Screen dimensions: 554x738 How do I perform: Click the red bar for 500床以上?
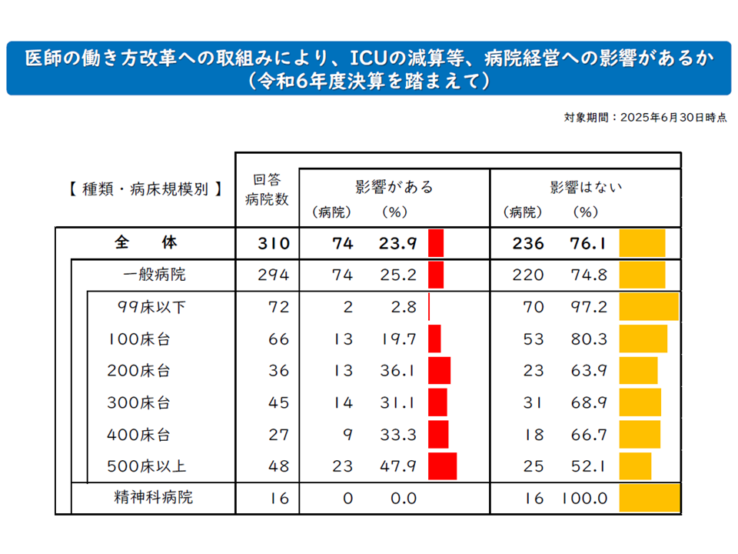click(442, 466)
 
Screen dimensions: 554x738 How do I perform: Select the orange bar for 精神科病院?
click(650, 498)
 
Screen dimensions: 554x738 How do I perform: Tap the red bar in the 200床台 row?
click(439, 371)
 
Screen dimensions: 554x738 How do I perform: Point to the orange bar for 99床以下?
click(650, 307)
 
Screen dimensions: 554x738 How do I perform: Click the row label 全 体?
click(146, 243)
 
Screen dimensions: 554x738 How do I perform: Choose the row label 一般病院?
click(154, 275)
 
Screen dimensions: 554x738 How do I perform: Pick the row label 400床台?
click(138, 435)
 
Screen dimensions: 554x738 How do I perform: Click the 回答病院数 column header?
click(267, 189)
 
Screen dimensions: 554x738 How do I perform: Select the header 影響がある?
click(394, 186)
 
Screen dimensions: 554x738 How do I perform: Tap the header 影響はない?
click(586, 186)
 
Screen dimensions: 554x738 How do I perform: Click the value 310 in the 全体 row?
click(274, 244)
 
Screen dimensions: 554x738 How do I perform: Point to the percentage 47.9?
click(397, 466)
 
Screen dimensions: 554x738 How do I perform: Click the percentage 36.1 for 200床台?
click(397, 371)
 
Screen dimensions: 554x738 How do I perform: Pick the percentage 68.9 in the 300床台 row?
click(590, 402)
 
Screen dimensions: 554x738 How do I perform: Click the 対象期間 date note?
click(644, 118)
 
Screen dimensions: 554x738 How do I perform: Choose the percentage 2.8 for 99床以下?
click(402, 307)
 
